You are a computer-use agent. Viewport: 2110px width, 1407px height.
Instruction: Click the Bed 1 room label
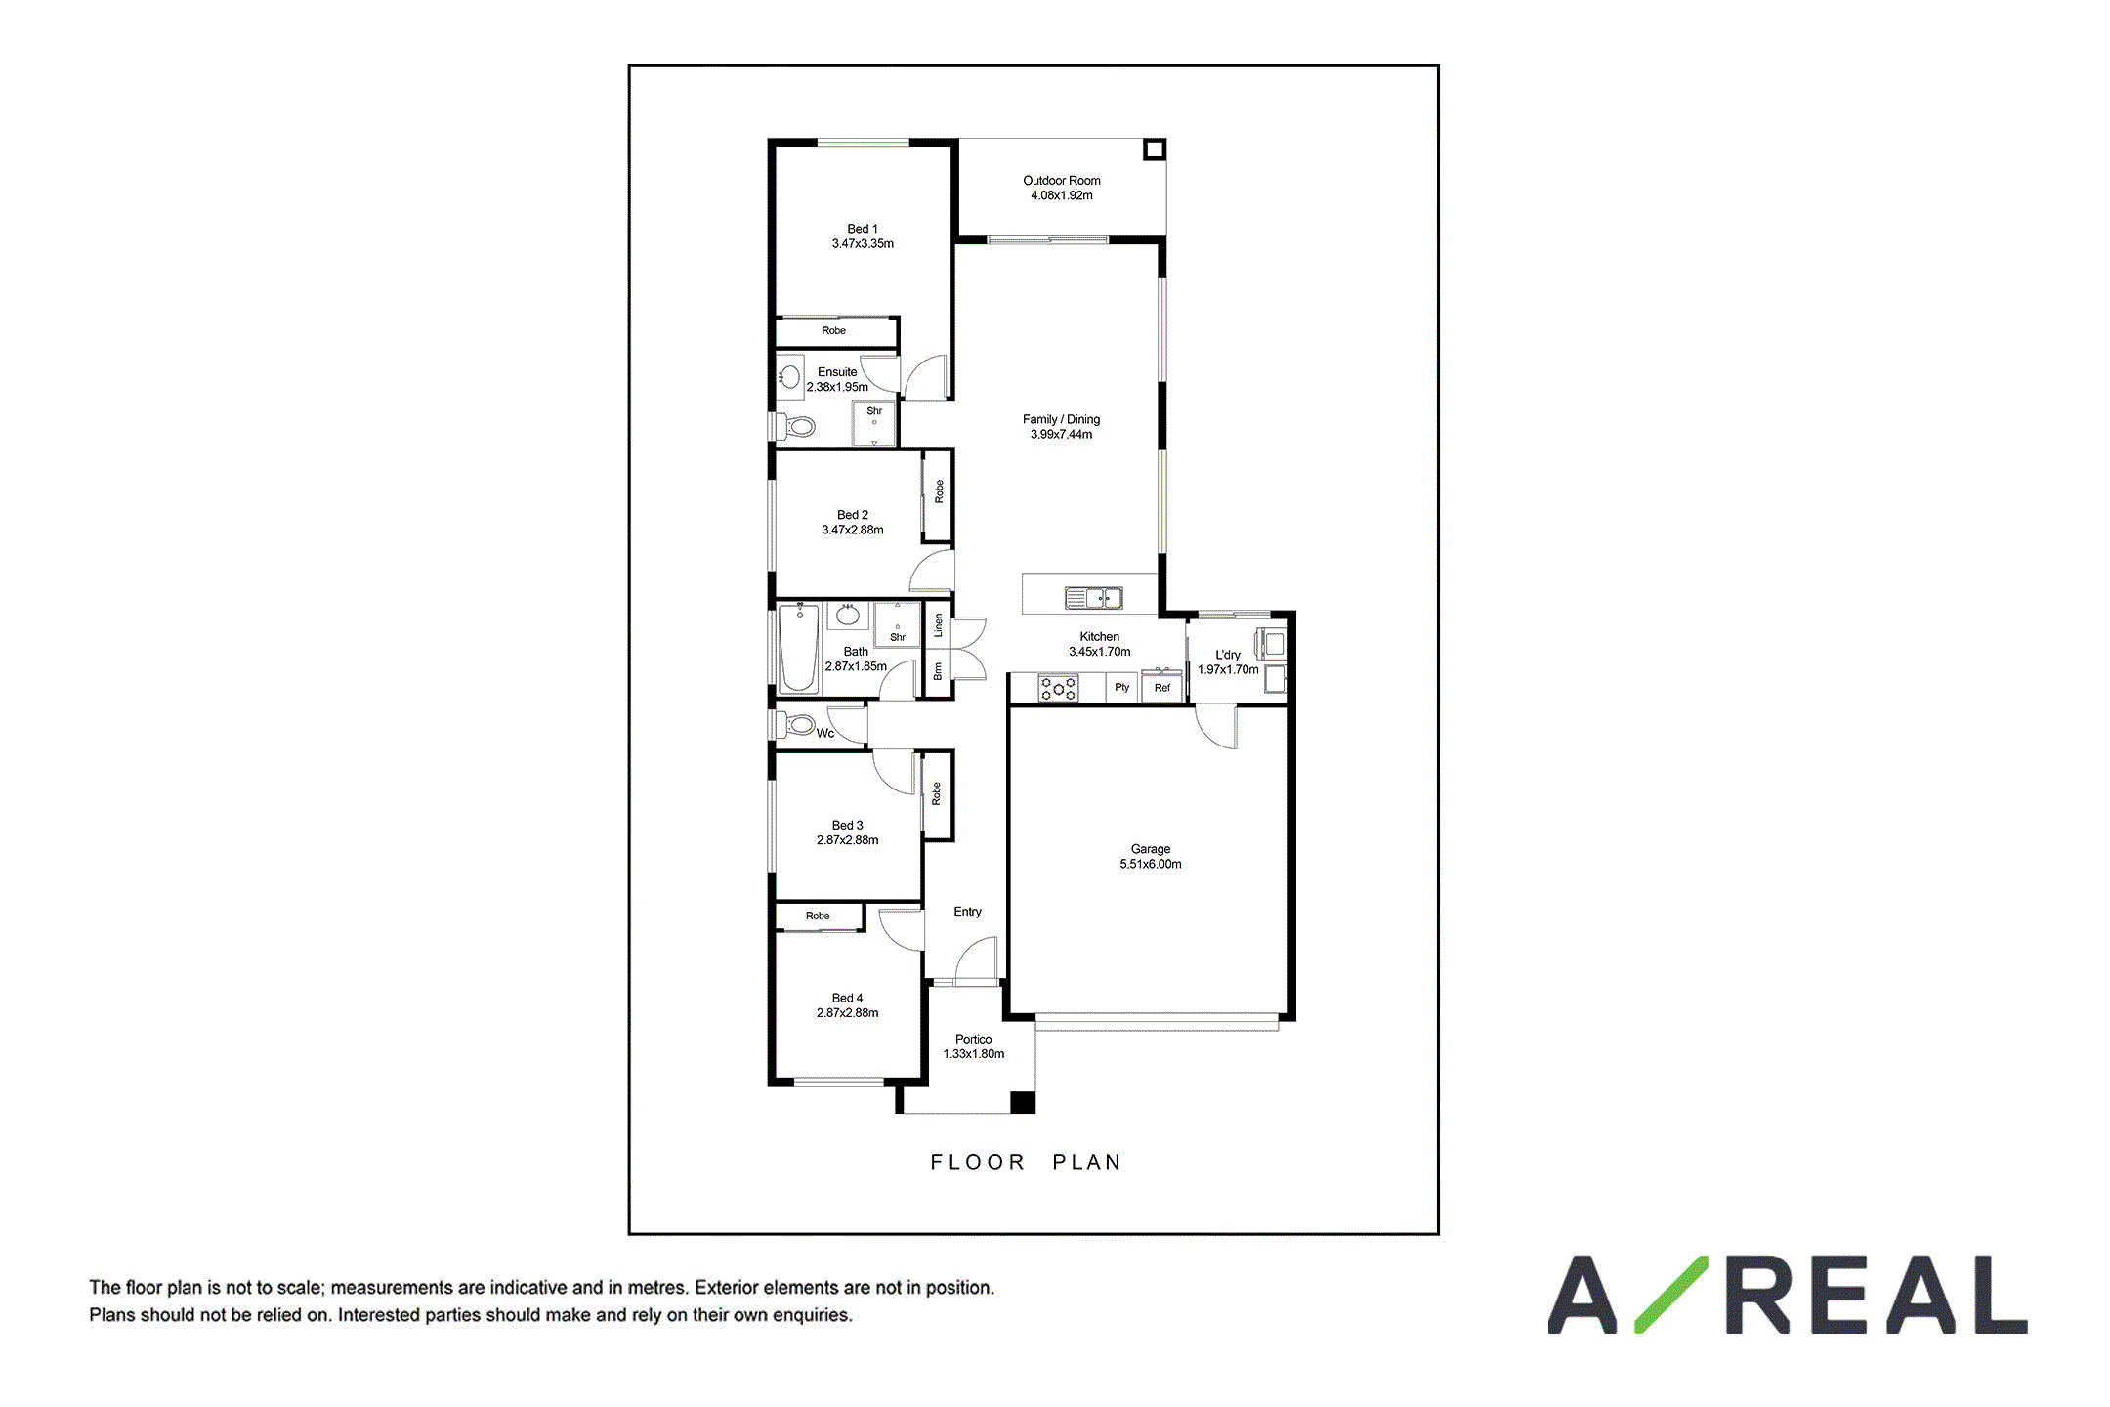[x=863, y=229]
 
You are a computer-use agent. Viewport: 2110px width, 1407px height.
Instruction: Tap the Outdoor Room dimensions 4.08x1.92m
[x=1062, y=195]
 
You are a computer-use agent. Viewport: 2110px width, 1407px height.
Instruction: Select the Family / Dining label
[x=1061, y=419]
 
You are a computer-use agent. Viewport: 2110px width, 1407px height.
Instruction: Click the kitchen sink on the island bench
[x=1093, y=597]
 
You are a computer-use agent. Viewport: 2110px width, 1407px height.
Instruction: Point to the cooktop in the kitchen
[x=1058, y=688]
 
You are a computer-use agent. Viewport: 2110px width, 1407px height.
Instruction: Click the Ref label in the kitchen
[x=1162, y=688]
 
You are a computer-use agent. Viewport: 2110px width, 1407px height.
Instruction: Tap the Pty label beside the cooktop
[x=1122, y=687]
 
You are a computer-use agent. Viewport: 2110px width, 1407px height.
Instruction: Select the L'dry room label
[x=1228, y=655]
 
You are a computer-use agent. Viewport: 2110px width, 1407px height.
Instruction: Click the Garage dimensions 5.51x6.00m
[x=1151, y=864]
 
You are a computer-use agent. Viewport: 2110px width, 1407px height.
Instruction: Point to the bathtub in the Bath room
[x=798, y=649]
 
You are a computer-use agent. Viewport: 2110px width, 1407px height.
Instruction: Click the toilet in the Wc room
[x=796, y=725]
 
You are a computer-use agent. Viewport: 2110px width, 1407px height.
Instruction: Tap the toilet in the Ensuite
[x=796, y=427]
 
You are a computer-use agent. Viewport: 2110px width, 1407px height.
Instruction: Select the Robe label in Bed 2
[x=939, y=491]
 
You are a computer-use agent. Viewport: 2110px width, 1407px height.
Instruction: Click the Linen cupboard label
[x=938, y=625]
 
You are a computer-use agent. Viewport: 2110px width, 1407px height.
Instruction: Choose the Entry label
[x=967, y=912]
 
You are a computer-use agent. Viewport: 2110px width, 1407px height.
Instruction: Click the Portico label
[x=974, y=1039]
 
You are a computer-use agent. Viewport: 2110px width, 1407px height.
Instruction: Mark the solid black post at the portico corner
[x=1022, y=1102]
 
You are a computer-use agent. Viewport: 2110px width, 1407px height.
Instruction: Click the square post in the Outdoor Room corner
[x=1155, y=149]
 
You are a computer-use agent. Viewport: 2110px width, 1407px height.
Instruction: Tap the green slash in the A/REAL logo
[x=1671, y=1294]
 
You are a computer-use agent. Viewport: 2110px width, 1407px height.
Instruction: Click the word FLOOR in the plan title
[x=977, y=1162]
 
